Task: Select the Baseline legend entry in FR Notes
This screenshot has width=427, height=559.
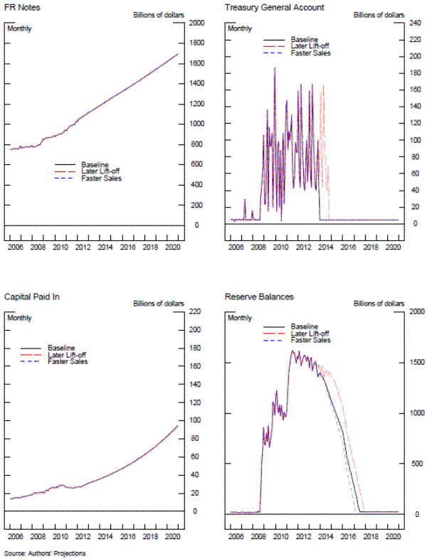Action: [x=95, y=164]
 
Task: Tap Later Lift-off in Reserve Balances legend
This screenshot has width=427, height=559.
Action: [x=312, y=333]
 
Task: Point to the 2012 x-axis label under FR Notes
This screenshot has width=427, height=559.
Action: [x=83, y=247]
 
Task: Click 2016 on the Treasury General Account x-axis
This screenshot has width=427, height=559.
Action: [x=346, y=247]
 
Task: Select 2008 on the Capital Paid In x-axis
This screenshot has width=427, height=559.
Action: [x=38, y=534]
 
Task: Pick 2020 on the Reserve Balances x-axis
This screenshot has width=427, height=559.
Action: [x=391, y=534]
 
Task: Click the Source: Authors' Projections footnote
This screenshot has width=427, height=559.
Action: [x=40, y=553]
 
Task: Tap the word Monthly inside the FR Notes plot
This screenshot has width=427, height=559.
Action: [x=20, y=28]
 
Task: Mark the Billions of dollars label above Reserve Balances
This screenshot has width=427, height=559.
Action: [x=378, y=304]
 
